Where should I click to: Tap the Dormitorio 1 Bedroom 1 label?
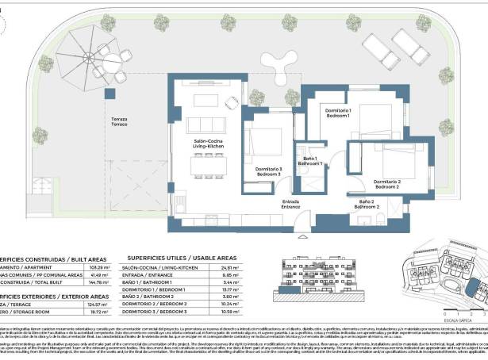(339, 113)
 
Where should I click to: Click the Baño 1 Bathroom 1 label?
(310, 162)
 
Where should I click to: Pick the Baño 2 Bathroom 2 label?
(366, 205)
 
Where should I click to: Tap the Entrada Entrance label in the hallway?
(290, 204)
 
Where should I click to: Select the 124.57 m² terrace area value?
(94, 304)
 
